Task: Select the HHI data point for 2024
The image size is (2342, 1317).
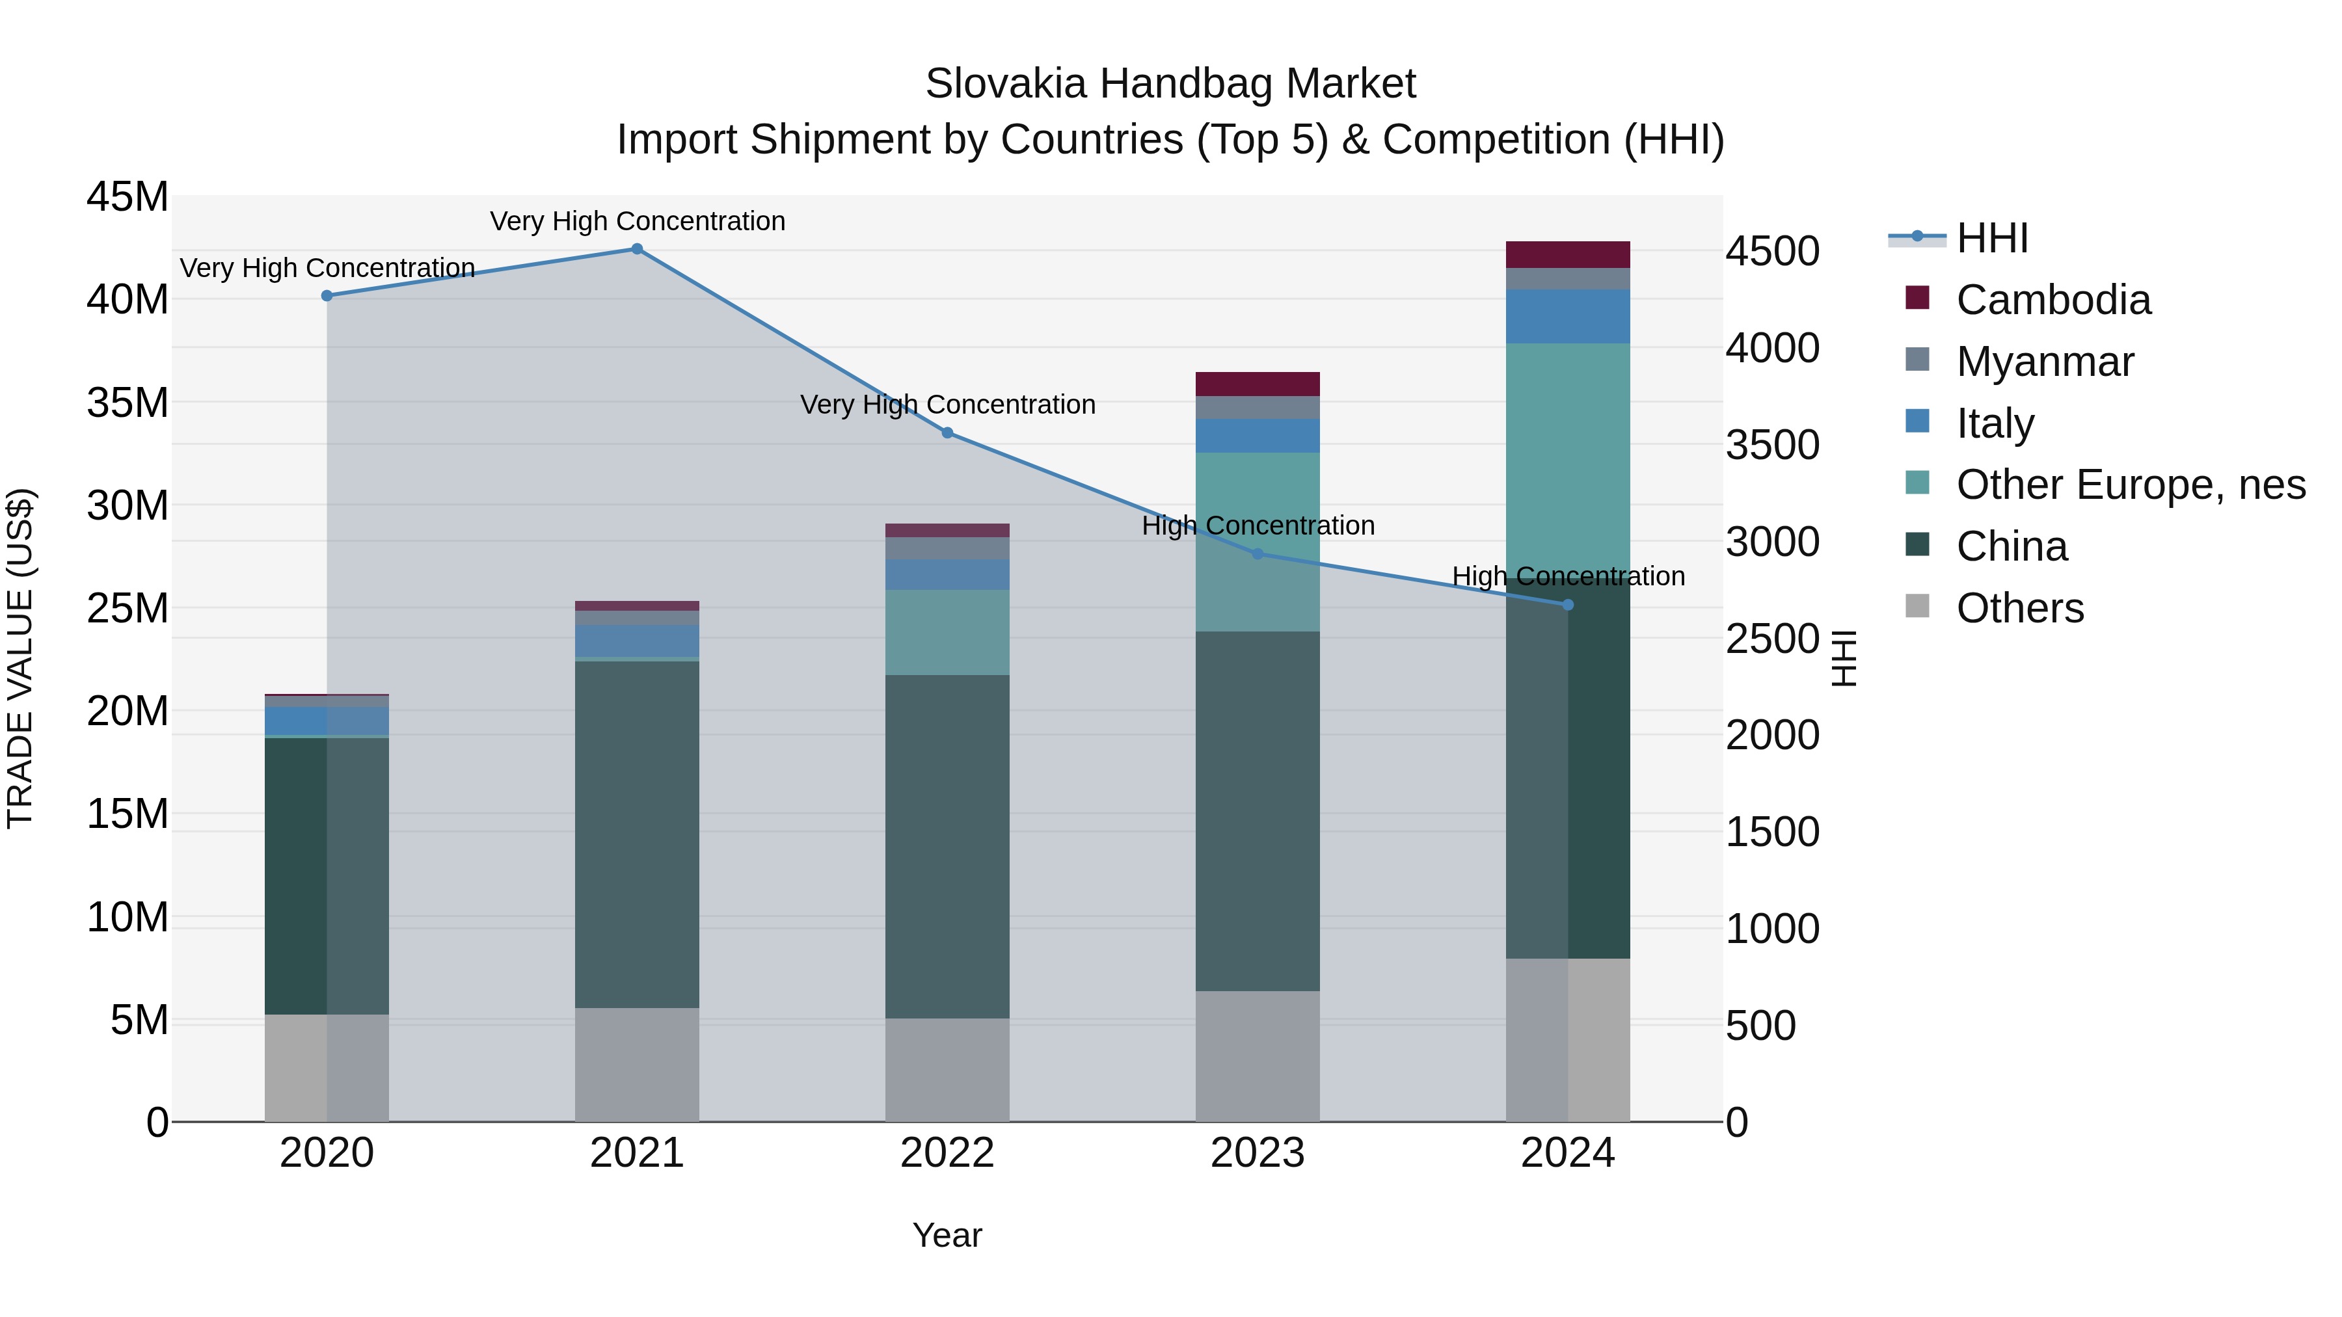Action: [1567, 604]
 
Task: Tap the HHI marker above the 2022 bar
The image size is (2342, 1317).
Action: [947, 432]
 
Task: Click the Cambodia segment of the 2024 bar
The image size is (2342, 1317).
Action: [1567, 254]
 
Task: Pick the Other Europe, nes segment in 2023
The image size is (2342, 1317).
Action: [1258, 542]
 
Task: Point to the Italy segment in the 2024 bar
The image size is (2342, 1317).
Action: [1567, 316]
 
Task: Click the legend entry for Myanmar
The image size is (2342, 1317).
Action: [2044, 362]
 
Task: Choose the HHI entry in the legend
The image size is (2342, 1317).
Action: [1991, 238]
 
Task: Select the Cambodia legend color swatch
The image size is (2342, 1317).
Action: [1917, 298]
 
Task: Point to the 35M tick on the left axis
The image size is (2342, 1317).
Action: [128, 403]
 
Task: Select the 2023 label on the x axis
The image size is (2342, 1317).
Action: [1258, 1153]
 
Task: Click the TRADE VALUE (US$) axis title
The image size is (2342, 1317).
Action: [20, 658]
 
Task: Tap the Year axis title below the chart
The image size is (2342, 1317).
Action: [947, 1235]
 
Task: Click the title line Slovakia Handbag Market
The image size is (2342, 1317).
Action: [1170, 84]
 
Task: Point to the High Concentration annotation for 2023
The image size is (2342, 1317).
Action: [1258, 525]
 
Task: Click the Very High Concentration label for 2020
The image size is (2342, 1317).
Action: [327, 268]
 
